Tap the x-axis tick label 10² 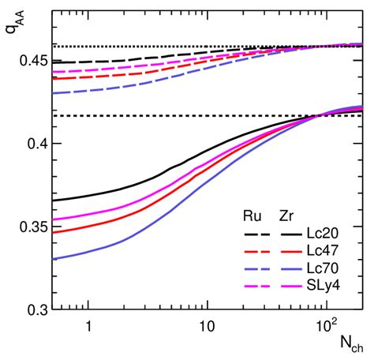tap(322, 325)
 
